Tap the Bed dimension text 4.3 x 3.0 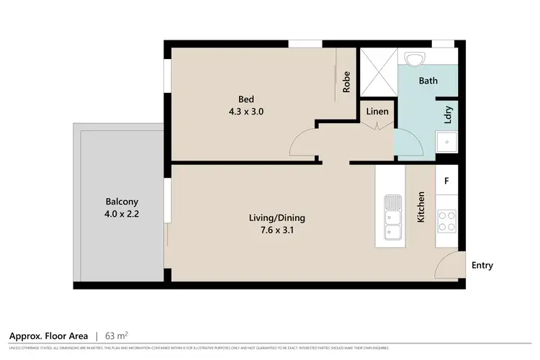coord(247,112)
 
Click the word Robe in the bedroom coord(346,81)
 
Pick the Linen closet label coord(377,112)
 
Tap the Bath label coord(428,81)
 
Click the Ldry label coord(448,115)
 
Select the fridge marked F coord(446,179)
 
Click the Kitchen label coord(421,207)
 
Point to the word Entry coord(482,265)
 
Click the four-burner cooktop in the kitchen coord(447,220)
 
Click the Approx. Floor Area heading coord(48,336)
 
